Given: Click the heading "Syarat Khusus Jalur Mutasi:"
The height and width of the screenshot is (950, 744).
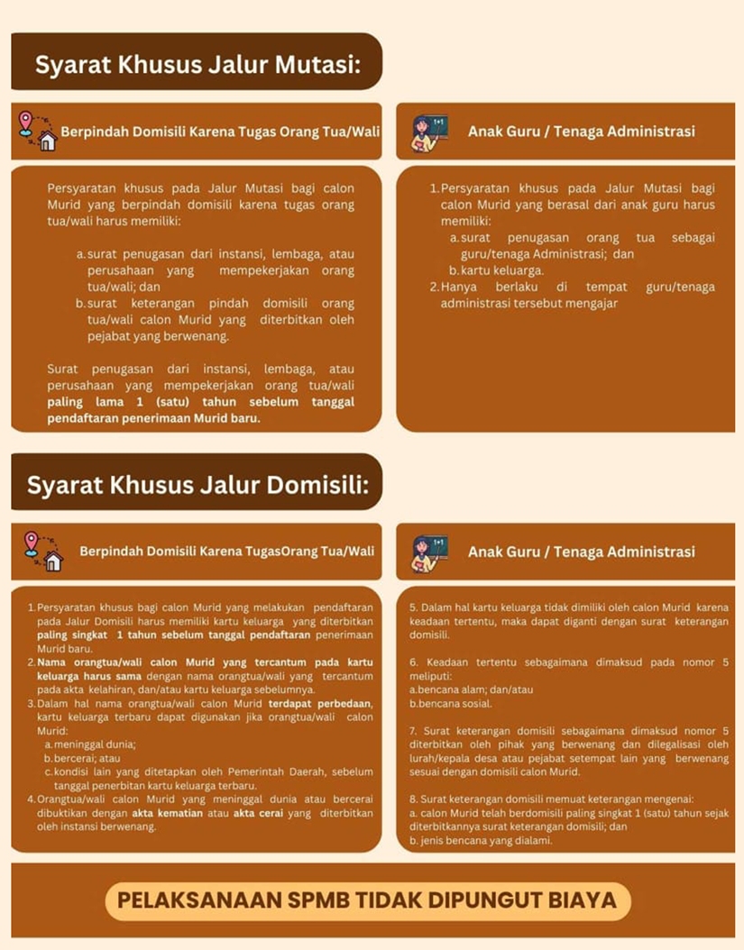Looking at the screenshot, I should coord(197,65).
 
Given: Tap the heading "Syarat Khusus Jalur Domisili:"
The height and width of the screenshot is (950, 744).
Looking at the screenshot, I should coord(197,485).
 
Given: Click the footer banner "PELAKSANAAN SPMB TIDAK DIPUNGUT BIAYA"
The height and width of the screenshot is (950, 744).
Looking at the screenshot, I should coord(367,900).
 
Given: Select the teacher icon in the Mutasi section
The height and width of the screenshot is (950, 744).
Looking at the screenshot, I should coord(430,132).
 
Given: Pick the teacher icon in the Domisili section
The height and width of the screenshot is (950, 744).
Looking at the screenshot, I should coord(430,553).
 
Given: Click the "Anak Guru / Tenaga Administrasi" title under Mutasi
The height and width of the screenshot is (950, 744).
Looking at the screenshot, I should coord(581,132).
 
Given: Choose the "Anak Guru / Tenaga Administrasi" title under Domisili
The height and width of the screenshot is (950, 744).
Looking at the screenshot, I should coord(581,552).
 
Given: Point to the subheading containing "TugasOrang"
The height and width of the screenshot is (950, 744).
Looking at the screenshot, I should coord(226,552).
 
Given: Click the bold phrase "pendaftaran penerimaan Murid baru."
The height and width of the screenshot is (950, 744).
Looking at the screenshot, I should coord(153,418).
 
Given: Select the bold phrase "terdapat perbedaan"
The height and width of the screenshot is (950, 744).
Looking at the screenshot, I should coord(320,703).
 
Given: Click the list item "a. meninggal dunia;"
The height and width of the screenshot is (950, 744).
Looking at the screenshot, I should coord(90,744).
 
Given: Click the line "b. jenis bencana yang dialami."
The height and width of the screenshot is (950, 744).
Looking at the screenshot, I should coord(480,840).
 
